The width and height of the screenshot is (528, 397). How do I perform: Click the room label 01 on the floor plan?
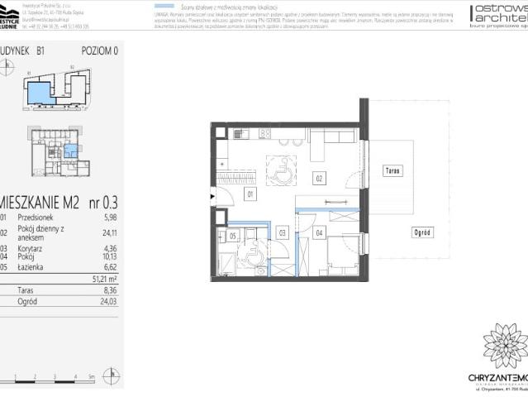pyautogui.click(x=249, y=194)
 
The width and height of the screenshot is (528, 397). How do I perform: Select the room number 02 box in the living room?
pyautogui.click(x=318, y=176)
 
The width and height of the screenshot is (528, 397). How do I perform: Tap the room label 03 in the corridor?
pyautogui.click(x=282, y=234)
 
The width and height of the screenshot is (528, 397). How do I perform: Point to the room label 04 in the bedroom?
pyautogui.click(x=319, y=233)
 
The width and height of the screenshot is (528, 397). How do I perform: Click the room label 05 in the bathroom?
pyautogui.click(x=233, y=236)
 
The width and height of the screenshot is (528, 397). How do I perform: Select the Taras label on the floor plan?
pyautogui.click(x=393, y=170)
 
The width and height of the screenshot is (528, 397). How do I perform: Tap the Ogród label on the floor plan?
pyautogui.click(x=422, y=232)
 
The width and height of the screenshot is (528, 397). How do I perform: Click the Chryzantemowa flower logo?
pyautogui.click(x=505, y=345)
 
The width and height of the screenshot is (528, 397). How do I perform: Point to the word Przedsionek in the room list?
pyautogui.click(x=38, y=217)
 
